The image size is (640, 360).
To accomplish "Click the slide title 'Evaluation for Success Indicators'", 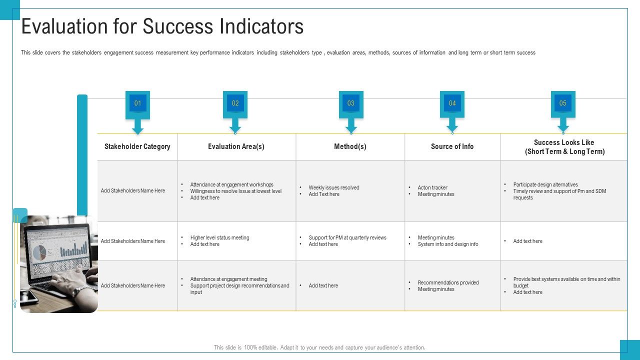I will click(162, 26).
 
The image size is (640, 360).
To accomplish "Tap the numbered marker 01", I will click(138, 103).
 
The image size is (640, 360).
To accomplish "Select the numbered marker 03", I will click(351, 103).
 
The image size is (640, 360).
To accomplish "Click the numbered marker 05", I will click(563, 103).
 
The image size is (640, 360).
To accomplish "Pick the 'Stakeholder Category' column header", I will click(137, 146).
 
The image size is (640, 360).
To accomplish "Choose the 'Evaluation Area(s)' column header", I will click(236, 146).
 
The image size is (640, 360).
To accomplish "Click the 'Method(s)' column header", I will click(350, 146).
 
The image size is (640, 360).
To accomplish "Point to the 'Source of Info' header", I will click(452, 146).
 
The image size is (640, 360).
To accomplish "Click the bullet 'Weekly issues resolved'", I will click(334, 188).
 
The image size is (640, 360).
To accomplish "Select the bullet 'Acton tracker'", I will click(432, 188).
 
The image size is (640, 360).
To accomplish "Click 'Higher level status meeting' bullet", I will click(219, 238).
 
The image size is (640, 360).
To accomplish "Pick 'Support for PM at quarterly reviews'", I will click(347, 238).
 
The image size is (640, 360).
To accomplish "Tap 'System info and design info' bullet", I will click(448, 244).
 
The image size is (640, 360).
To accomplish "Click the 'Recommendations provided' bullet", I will click(448, 282).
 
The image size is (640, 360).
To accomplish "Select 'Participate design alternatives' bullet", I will click(545, 184).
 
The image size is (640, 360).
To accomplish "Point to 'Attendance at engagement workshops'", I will click(231, 184).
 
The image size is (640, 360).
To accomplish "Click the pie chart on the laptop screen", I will click(39, 252).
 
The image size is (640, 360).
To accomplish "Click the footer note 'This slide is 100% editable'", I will click(319, 347).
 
